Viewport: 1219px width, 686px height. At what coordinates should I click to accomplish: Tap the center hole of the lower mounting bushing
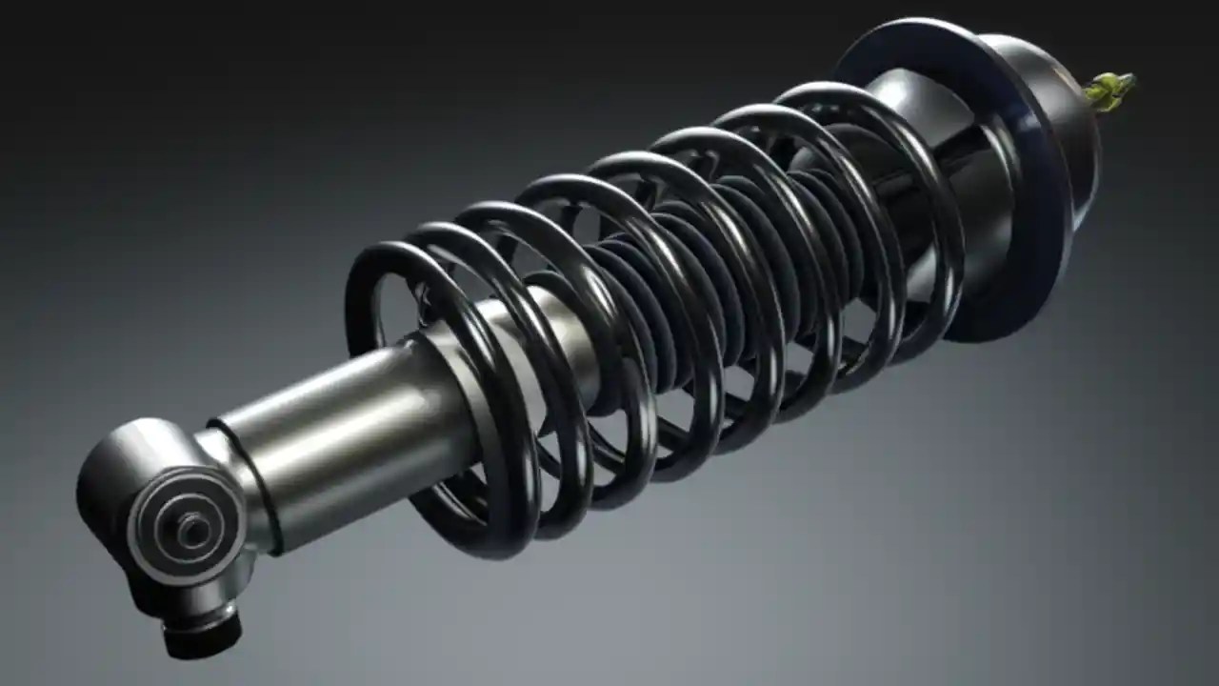point(193,530)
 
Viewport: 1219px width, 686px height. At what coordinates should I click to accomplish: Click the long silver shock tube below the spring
point(333,438)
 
